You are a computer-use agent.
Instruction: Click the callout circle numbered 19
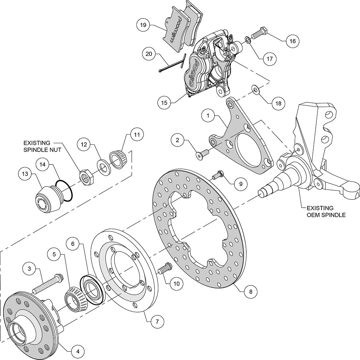point(143,25)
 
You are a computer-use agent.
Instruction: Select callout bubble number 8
point(251,292)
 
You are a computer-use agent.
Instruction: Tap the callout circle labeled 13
point(25,174)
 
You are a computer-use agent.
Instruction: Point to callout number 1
point(208,116)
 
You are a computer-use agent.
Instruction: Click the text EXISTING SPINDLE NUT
point(42,147)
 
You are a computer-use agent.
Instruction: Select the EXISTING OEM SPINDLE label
point(326,211)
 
